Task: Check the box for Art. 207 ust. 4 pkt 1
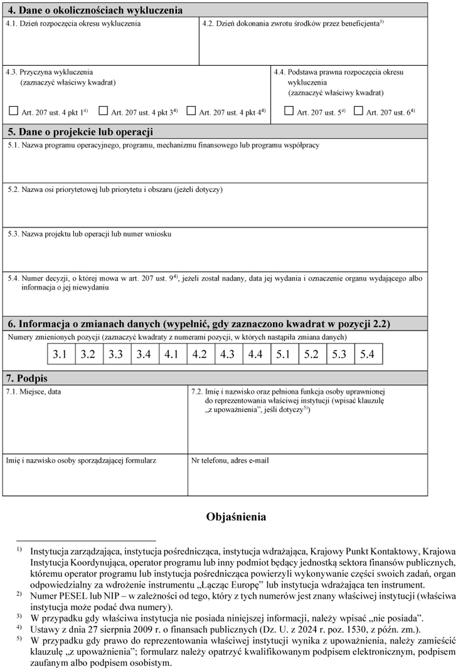[13, 112]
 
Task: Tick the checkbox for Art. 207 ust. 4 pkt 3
[104, 112]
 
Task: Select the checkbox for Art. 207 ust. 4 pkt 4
[191, 112]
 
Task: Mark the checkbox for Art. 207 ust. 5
[289, 112]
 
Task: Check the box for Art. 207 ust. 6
[358, 112]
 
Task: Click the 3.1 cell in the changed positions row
[60, 354]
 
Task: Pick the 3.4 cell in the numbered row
[144, 354]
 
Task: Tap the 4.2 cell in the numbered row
[200, 354]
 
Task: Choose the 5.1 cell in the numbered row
[284, 354]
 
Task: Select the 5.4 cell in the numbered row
[368, 354]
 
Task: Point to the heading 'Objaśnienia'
[236, 517]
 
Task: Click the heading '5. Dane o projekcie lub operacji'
[80, 132]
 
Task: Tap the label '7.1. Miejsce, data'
[34, 391]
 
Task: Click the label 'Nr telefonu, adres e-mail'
[230, 460]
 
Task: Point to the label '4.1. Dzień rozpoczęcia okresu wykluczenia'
[73, 23]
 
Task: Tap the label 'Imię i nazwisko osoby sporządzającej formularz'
[81, 460]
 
